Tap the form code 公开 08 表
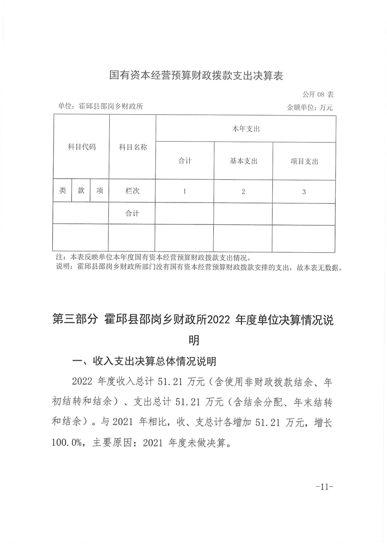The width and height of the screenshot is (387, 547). point(318,94)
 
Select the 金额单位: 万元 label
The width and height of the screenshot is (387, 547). point(311,107)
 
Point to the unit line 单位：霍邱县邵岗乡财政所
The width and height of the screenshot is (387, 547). point(100,106)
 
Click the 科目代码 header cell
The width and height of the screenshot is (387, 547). point(81,146)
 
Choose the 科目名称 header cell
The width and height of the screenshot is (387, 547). point(133,146)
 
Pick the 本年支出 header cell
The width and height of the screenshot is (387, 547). point(245,129)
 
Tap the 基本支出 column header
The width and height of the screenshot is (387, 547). point(244,161)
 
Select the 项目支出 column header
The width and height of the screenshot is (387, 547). point(304,161)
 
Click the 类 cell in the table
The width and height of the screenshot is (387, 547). point(62,191)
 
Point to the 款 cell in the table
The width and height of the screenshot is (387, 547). point(81,191)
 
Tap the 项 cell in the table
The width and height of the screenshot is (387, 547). point(100,191)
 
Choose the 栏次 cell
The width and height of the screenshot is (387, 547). point(132,191)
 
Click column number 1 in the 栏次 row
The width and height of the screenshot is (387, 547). point(184,192)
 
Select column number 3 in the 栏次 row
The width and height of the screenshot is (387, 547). point(304,192)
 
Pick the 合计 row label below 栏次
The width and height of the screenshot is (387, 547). point(132,213)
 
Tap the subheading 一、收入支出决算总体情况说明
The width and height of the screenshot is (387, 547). point(144,362)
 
